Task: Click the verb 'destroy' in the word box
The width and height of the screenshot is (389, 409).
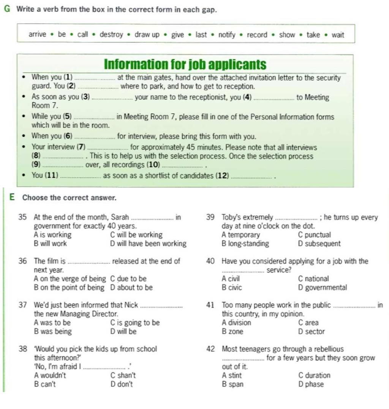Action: pyautogui.click(x=111, y=35)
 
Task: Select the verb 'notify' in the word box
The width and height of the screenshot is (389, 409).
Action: pyautogui.click(x=227, y=35)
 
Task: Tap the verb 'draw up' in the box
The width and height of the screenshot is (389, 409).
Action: pyautogui.click(x=147, y=35)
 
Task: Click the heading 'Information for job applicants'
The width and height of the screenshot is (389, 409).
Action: pyautogui.click(x=185, y=64)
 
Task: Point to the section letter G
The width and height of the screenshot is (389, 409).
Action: pyautogui.click(x=7, y=9)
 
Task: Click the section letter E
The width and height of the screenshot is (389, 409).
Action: pyautogui.click(x=12, y=197)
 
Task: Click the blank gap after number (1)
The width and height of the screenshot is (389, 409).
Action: pyautogui.click(x=95, y=78)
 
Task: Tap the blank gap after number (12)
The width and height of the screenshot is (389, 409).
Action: pyautogui.click(x=252, y=176)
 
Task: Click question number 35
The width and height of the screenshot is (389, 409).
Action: pyautogui.click(x=22, y=217)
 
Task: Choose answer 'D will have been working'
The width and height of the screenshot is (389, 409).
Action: pyautogui.click(x=148, y=244)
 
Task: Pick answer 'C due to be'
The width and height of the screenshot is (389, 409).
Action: pyautogui.click(x=128, y=279)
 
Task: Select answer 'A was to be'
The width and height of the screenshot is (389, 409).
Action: pyautogui.click(x=52, y=323)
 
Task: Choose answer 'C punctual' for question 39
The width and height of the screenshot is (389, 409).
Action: pyautogui.click(x=315, y=235)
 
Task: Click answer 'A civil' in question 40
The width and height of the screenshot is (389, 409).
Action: pyautogui.click(x=231, y=279)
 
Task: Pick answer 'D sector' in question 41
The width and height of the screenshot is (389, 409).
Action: pyautogui.click(x=312, y=332)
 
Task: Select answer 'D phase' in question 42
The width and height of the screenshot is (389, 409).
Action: pyautogui.click(x=311, y=384)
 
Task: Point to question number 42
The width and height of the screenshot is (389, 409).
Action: pyautogui.click(x=210, y=349)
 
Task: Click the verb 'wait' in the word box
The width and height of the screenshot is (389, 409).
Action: pyautogui.click(x=338, y=35)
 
